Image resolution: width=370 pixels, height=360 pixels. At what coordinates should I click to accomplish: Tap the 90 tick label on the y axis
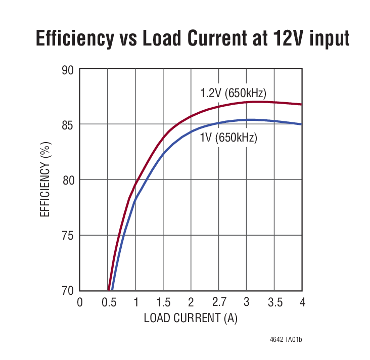click(68, 70)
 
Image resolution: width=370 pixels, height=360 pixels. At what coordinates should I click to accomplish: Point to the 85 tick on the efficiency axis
click(68, 124)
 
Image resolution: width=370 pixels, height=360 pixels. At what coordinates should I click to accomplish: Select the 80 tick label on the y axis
click(68, 180)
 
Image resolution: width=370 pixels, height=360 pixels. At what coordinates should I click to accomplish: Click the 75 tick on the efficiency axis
click(68, 236)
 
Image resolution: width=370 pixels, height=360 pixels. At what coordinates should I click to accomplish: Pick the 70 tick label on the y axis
click(68, 291)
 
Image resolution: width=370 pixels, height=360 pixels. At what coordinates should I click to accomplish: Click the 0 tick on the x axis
click(80, 302)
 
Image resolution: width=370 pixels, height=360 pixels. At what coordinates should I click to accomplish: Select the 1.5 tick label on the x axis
click(163, 302)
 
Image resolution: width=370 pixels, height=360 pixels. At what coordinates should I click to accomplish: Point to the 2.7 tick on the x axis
click(219, 302)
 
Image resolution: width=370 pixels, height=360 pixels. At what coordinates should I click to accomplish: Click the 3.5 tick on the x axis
click(274, 302)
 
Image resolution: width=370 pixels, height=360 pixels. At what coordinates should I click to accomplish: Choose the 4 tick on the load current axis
click(302, 302)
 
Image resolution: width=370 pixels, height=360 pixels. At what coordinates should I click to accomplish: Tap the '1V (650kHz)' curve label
click(228, 138)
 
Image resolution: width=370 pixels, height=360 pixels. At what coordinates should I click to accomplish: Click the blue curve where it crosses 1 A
click(135, 201)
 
